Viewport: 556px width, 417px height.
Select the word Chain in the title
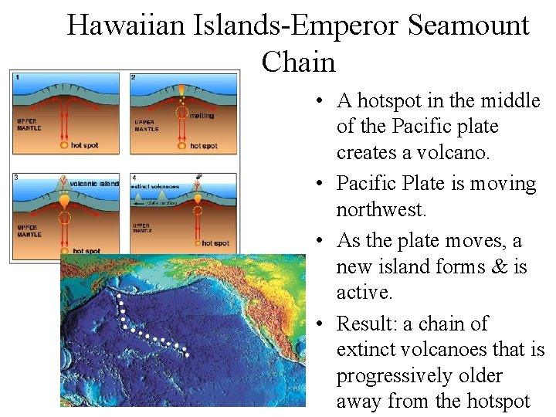click(298, 62)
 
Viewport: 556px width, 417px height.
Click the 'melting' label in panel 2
click(202, 115)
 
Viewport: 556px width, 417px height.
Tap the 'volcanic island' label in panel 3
click(94, 184)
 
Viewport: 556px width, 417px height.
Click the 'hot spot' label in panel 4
click(215, 243)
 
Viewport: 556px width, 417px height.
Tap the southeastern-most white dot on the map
click(186, 355)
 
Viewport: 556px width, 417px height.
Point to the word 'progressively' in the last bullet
click(397, 376)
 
